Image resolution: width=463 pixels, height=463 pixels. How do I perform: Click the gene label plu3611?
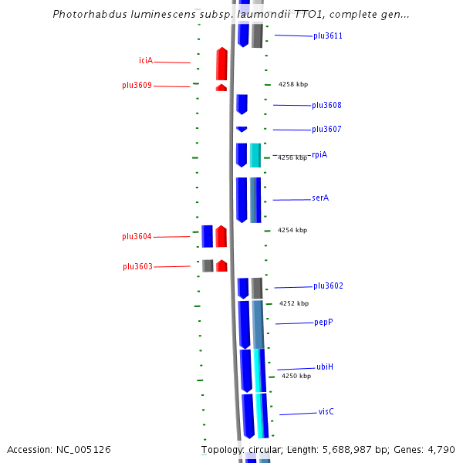pyautogui.click(x=328, y=36)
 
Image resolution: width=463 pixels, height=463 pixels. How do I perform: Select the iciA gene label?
pyautogui.click(x=145, y=61)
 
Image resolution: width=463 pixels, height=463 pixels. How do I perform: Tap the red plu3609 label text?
pyautogui.click(x=137, y=86)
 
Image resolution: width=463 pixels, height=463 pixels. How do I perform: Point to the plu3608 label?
pyautogui.click(x=326, y=106)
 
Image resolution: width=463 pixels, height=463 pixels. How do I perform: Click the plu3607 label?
pyautogui.click(x=326, y=130)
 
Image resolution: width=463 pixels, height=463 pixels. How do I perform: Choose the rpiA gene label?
pyautogui.click(x=319, y=155)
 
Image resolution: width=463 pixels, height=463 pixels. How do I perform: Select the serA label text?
pyautogui.click(x=320, y=198)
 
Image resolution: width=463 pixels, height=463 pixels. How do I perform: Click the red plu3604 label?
pyautogui.click(x=137, y=237)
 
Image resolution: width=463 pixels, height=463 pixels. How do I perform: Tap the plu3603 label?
pyautogui.click(x=137, y=267)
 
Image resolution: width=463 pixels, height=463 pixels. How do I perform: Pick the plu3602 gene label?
pyautogui.click(x=328, y=286)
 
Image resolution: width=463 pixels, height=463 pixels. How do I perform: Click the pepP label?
pyautogui.click(x=323, y=323)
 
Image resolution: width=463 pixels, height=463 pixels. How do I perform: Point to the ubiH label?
pyautogui.click(x=325, y=367)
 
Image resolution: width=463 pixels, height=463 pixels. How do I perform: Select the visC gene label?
pyautogui.click(x=326, y=412)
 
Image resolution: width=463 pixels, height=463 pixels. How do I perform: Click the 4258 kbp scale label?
pyautogui.click(x=292, y=84)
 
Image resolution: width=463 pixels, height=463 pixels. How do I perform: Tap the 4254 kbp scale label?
pyautogui.click(x=292, y=230)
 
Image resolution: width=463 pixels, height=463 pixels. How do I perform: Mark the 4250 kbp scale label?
pyautogui.click(x=296, y=377)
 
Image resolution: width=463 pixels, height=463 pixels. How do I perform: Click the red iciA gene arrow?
pyautogui.click(x=221, y=64)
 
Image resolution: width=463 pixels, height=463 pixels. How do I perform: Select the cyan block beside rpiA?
pyautogui.click(x=255, y=155)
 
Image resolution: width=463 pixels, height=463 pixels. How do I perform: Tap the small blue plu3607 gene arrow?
pyautogui.click(x=242, y=129)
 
